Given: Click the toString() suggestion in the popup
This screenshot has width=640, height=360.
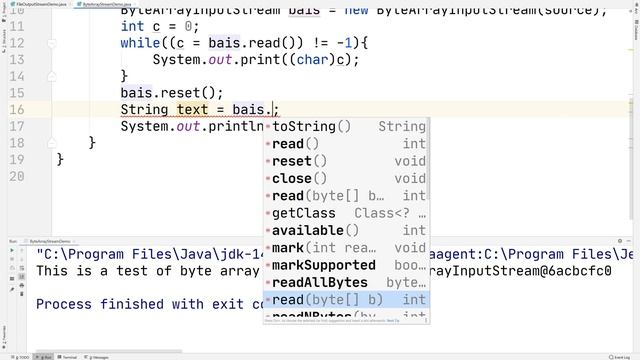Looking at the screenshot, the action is [311, 127].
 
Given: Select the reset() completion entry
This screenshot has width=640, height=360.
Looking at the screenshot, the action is [299, 161].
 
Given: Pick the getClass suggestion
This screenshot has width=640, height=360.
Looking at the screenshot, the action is [304, 213].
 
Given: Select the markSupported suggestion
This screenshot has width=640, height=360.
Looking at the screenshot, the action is [324, 265].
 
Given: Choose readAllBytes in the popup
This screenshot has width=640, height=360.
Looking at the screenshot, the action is [320, 282].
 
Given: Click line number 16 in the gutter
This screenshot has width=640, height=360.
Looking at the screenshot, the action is [16, 109].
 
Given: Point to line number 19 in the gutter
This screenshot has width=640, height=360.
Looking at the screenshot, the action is [16, 160].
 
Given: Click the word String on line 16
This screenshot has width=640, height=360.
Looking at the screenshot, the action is [145, 109].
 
